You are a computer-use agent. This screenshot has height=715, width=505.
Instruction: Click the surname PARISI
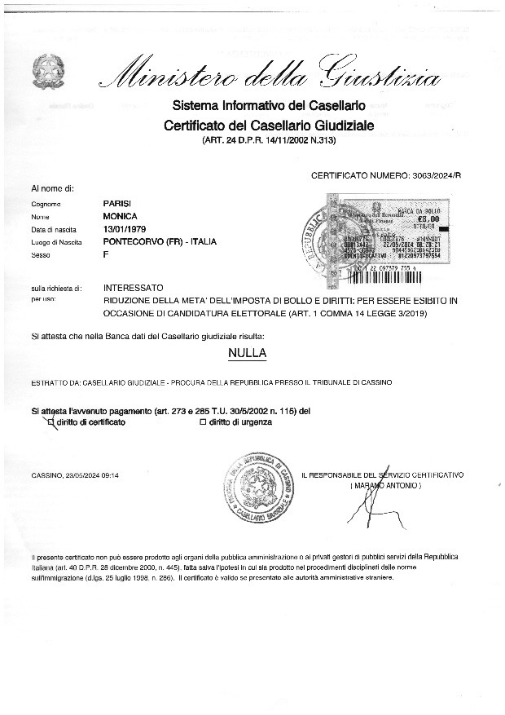pos(116,203)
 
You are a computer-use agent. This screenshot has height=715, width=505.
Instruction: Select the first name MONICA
pos(120,216)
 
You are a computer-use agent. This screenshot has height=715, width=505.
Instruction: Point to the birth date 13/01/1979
pos(124,229)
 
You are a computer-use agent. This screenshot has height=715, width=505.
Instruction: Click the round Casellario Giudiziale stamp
pos(261,488)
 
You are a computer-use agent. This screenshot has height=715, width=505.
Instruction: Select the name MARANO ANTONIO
pos(385,485)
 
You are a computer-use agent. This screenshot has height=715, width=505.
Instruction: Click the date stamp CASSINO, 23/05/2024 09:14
pos(76,474)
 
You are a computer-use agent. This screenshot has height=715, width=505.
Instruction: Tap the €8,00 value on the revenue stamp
pos(428,218)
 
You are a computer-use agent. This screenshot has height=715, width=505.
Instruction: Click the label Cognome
pos(43,204)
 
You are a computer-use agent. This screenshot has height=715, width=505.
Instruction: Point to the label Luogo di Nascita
pos(56,243)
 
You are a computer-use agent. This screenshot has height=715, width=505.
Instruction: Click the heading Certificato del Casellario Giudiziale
pos(269,126)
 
